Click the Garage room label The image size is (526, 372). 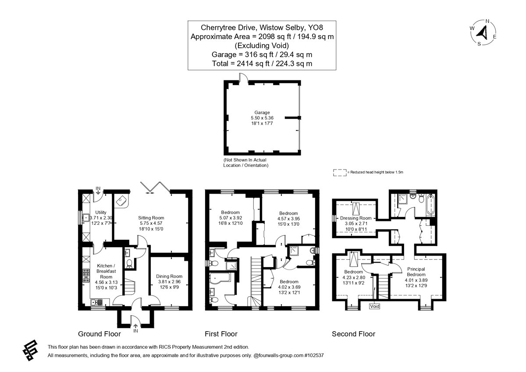coord(262,112)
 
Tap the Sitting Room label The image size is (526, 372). coord(151,218)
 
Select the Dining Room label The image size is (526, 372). coord(169,276)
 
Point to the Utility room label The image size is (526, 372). coord(101,212)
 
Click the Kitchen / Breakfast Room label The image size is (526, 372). coord(106,271)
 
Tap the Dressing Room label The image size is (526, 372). coord(356,218)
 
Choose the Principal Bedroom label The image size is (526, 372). coord(416,272)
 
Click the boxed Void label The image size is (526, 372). coord(374,306)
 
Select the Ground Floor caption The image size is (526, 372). coord(100,334)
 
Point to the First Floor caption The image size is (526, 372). coord(221,334)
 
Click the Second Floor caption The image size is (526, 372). coord(353,334)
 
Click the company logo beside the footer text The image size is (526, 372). coord(30,350)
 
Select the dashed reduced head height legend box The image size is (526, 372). coord(340,173)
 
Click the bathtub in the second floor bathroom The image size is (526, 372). coord(430,205)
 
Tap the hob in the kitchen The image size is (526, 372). coord(86,275)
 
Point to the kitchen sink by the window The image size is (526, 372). coord(97,302)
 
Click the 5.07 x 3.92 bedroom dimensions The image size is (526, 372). coord(231,218)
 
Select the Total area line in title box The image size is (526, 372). coord(262,64)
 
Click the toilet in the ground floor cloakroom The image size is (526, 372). coord(129,264)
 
